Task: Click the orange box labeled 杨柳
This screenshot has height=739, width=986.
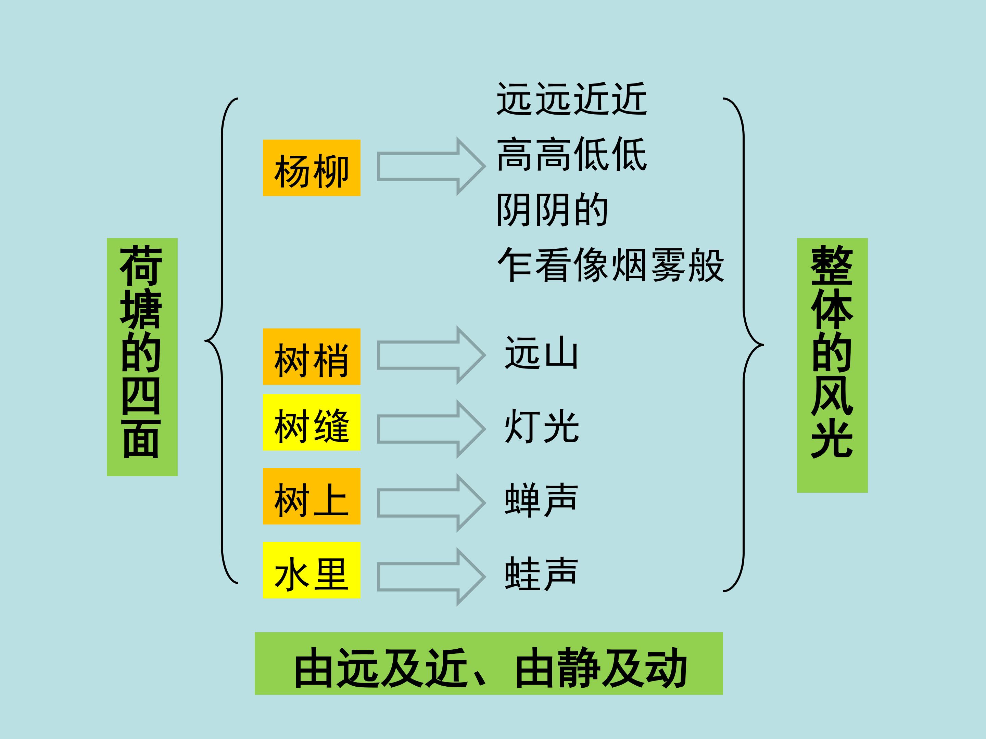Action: [x=311, y=168]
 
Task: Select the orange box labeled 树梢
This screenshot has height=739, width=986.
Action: [x=311, y=356]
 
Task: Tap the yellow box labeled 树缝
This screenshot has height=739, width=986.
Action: [x=311, y=422]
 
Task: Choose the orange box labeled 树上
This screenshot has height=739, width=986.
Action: [x=311, y=496]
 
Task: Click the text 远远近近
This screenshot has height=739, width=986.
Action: [x=571, y=99]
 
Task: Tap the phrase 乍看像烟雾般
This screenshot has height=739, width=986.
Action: [x=611, y=265]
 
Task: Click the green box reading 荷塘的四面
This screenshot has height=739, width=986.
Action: [x=142, y=357]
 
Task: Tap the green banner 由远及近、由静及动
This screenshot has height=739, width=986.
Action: [x=489, y=663]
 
